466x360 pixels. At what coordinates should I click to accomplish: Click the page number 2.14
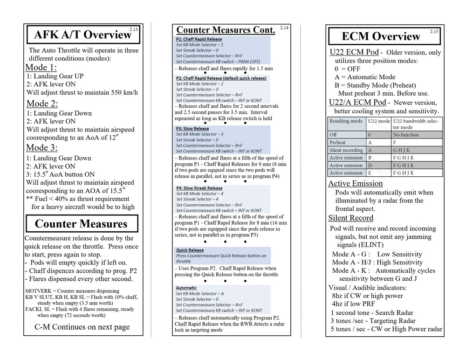[x=284, y=28]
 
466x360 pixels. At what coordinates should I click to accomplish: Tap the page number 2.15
[x=434, y=32]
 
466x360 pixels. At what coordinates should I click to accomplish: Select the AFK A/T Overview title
[x=83, y=35]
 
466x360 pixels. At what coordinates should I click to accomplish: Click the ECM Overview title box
[x=381, y=36]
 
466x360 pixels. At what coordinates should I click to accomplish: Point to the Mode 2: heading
[x=42, y=104]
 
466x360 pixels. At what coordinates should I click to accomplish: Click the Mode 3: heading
[x=42, y=148]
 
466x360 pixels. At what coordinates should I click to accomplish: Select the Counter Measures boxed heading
[x=82, y=224]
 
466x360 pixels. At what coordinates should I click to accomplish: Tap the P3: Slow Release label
[x=192, y=129]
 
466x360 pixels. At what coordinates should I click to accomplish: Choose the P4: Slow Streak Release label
[x=199, y=188]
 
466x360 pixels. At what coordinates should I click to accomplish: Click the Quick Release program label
[x=190, y=250]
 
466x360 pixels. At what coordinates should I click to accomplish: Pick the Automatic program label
[x=186, y=288]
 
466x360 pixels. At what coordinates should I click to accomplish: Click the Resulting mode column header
[x=346, y=121]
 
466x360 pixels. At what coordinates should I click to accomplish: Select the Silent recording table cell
[x=346, y=150]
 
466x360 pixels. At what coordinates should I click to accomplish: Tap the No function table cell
[x=406, y=135]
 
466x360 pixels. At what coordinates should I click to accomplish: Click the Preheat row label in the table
[x=337, y=142]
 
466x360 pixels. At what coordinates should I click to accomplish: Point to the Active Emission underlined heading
[x=355, y=184]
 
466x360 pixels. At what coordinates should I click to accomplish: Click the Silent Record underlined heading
[x=350, y=218]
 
